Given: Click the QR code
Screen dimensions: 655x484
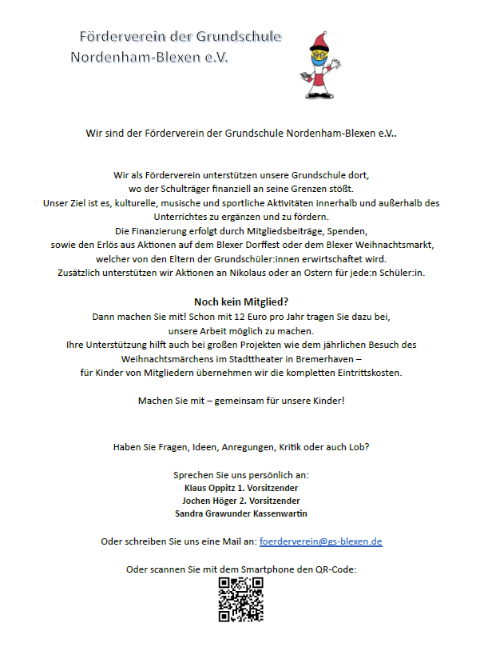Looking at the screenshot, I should coord(241,599).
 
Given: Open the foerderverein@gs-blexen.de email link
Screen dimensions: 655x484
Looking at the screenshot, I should coord(321,541).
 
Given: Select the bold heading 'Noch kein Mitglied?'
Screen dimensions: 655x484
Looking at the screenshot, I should coord(241,302).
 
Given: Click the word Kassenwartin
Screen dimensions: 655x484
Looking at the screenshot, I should coord(279,513).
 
